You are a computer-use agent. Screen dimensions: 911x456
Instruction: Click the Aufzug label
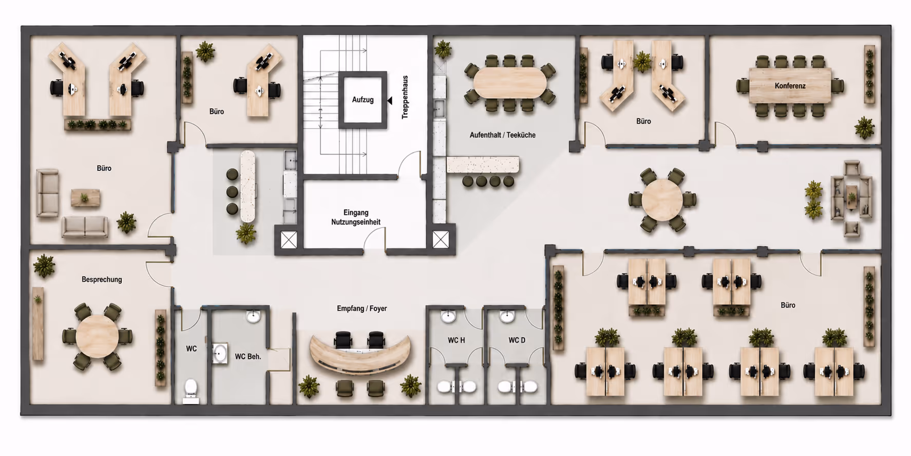(363, 100)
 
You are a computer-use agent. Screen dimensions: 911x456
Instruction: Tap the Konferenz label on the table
(790, 86)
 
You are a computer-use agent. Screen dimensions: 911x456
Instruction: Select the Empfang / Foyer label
(362, 308)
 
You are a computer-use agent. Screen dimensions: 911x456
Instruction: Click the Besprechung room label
(102, 280)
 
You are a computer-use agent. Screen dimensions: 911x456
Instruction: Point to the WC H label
(456, 340)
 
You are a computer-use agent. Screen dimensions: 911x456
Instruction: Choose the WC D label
(517, 340)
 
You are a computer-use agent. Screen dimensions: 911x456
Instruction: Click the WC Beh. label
(248, 356)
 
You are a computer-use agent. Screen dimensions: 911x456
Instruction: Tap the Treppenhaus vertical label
(405, 98)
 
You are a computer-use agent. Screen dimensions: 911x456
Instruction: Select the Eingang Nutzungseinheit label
(356, 217)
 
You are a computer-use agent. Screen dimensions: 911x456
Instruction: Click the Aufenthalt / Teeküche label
(502, 135)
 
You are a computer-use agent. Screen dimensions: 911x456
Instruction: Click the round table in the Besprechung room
(97, 336)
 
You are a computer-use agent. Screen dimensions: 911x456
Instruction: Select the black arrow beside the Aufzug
(390, 101)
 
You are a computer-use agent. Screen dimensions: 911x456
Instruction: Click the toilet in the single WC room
(191, 390)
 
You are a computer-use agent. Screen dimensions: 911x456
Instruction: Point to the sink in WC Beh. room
(220, 353)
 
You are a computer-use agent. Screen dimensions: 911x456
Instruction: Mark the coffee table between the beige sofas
(85, 197)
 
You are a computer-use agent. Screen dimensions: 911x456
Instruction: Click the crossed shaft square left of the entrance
(289, 240)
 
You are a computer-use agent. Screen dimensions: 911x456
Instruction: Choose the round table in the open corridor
(662, 200)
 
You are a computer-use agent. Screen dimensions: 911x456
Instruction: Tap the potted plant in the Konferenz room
(864, 127)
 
